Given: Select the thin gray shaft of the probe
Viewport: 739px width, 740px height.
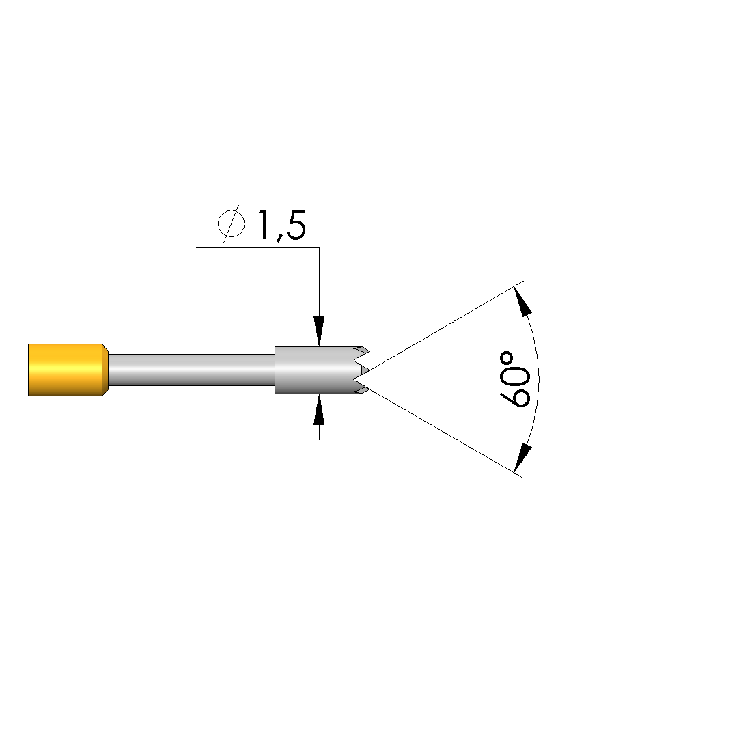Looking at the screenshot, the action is [192, 370].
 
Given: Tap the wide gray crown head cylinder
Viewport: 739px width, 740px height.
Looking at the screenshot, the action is [318, 370].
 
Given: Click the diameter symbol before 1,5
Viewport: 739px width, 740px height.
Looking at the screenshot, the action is [232, 223].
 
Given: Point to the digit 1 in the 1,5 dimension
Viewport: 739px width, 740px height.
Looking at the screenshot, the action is [265, 225].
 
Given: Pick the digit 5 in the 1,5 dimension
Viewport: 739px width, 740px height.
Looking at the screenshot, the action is [296, 225].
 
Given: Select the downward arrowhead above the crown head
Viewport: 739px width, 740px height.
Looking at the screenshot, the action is [319, 331].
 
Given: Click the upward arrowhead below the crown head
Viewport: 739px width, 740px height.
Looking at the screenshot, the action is [319, 410].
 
